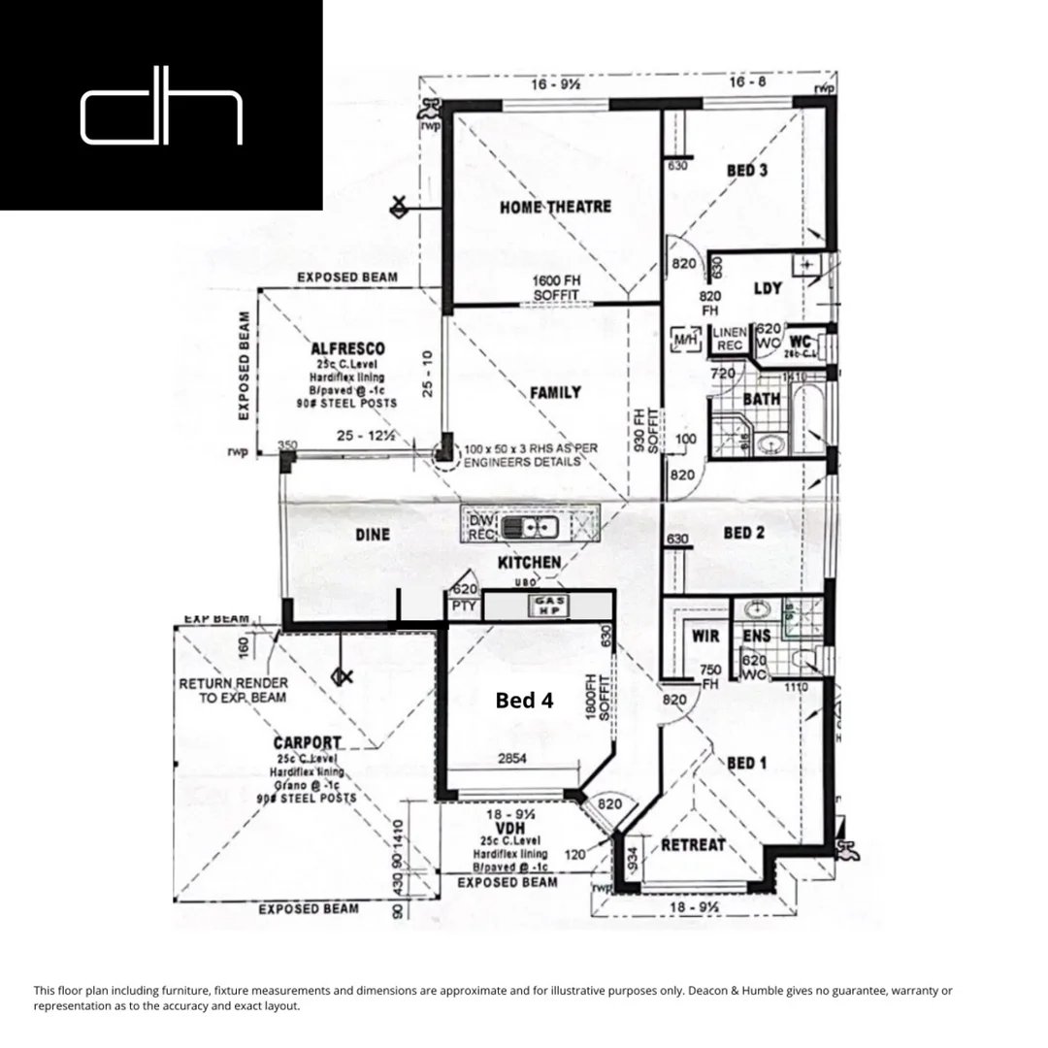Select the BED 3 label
(747, 171)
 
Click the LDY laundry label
(768, 289)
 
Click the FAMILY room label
(555, 392)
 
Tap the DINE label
(372, 535)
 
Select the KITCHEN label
(529, 563)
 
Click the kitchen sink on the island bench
(535, 528)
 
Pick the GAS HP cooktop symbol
(548, 606)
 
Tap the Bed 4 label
(524, 700)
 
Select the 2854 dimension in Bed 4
(511, 759)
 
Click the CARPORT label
(307, 743)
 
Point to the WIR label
(704, 637)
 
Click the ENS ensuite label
(756, 637)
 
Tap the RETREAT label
(693, 845)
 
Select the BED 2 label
(745, 533)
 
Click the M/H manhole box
(686, 340)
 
